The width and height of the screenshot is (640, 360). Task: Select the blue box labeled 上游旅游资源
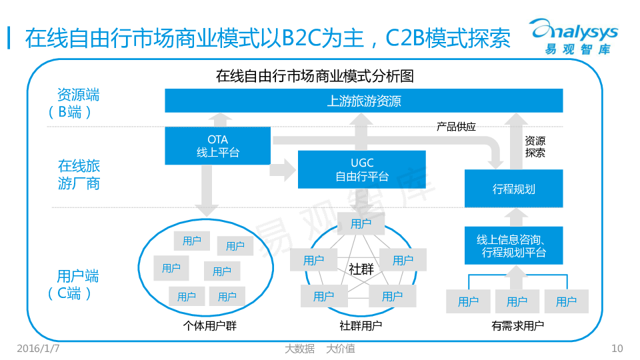click(x=364, y=101)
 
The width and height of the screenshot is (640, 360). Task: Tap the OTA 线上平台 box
click(x=218, y=146)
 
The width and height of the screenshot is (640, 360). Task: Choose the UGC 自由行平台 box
click(x=361, y=169)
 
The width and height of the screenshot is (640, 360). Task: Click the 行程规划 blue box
click(x=513, y=189)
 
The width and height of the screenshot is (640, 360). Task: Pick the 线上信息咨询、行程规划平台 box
click(x=513, y=245)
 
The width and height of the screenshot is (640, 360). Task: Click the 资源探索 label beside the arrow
click(x=535, y=147)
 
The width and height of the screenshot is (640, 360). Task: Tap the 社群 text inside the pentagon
click(x=361, y=269)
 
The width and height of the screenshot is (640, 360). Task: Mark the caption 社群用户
click(x=361, y=326)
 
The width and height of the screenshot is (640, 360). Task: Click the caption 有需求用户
click(x=517, y=326)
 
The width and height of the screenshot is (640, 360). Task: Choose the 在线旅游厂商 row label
click(x=79, y=174)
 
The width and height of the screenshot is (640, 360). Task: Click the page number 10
click(x=617, y=348)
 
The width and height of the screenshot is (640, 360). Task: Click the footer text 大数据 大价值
click(x=319, y=348)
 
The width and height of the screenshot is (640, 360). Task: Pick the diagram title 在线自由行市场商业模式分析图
click(x=315, y=76)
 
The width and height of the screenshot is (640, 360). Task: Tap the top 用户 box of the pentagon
click(x=361, y=224)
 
